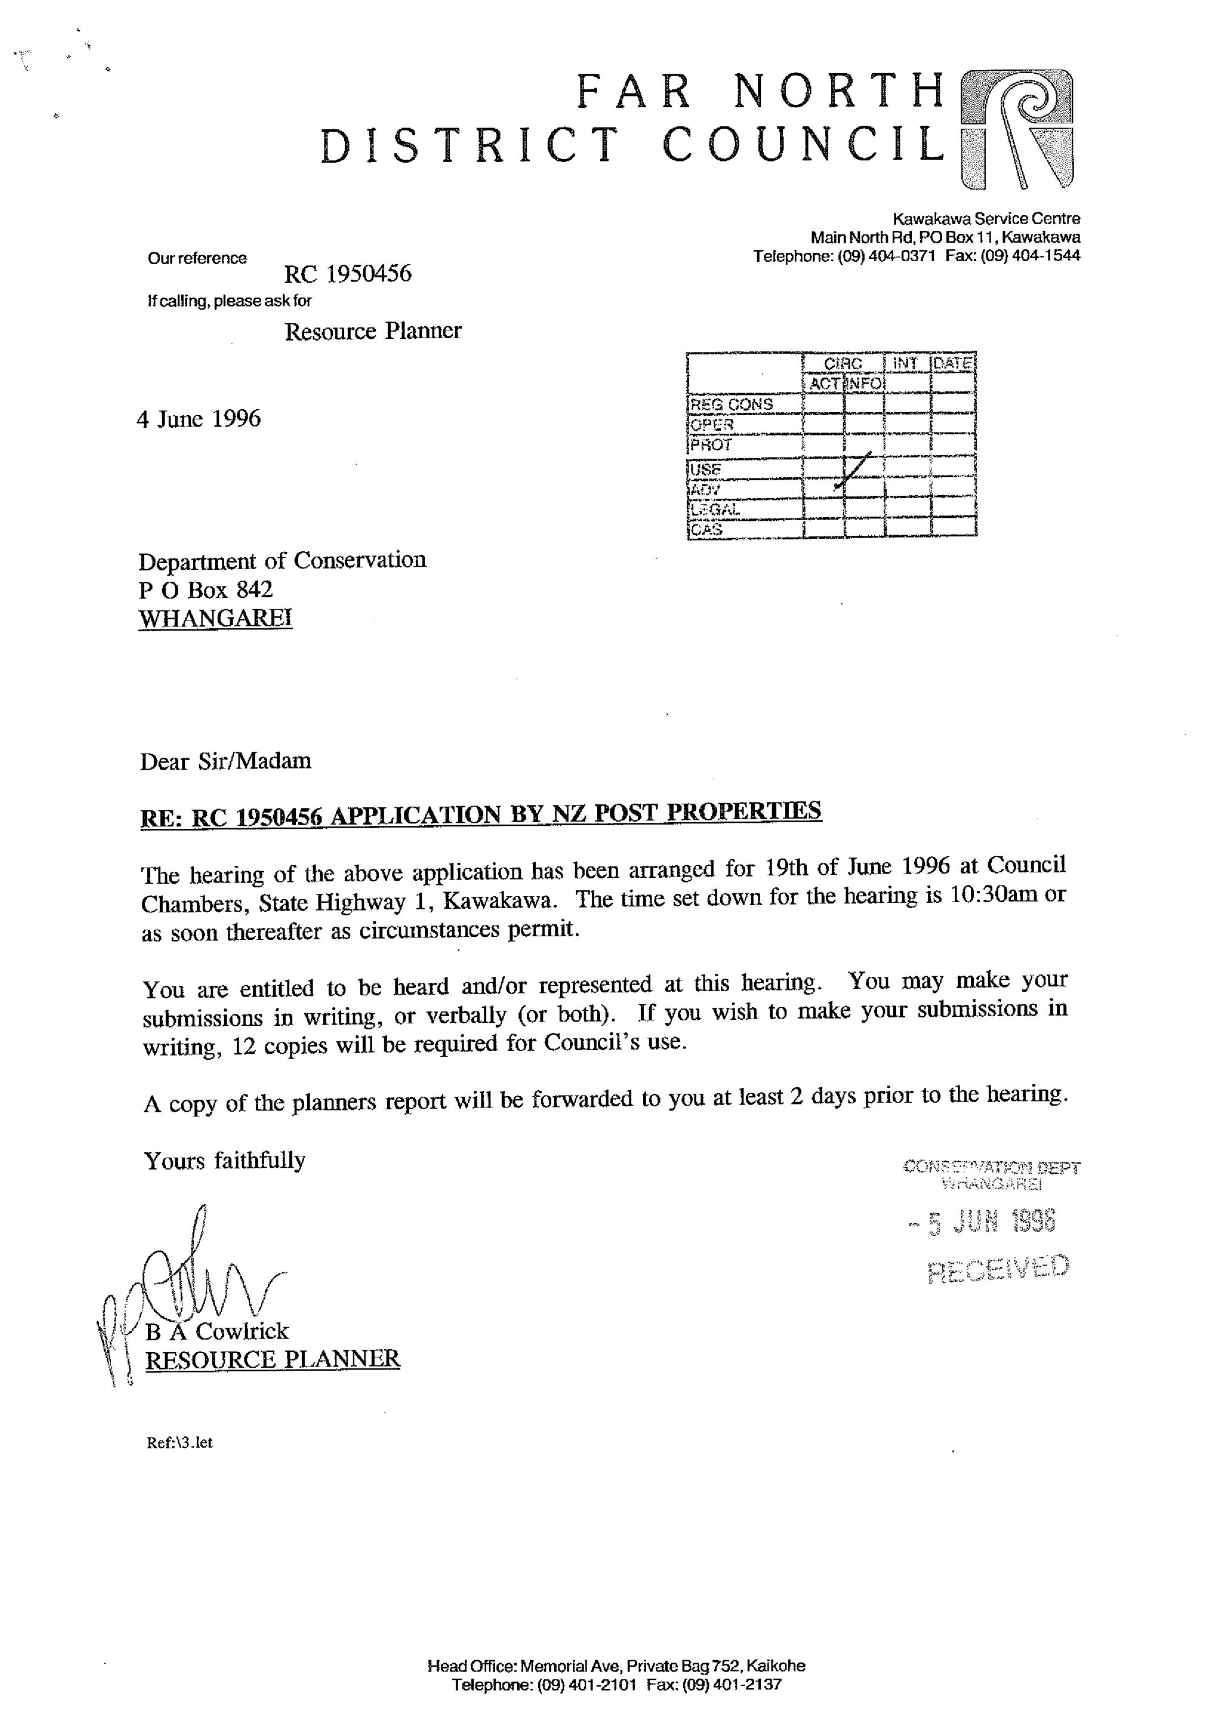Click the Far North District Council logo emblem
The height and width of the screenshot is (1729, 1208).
1018,128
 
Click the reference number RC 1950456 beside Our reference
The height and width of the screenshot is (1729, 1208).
348,272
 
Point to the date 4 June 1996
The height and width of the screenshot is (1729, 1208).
199,419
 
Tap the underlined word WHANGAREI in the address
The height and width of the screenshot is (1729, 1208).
215,618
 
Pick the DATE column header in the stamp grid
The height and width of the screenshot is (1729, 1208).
954,363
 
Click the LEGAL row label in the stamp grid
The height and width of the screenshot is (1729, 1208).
715,510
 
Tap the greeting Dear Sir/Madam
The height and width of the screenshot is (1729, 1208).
225,761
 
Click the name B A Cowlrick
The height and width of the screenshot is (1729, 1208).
217,1331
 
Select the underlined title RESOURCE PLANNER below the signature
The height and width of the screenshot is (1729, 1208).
272,1359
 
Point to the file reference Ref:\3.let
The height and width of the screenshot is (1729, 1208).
180,1442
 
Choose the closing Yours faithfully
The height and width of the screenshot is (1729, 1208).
224,1161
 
